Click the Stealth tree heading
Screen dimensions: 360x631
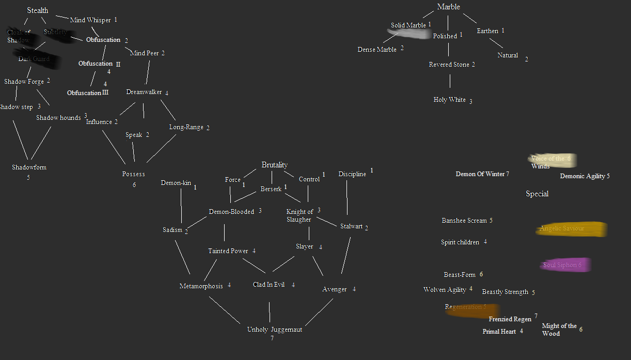[x=38, y=10]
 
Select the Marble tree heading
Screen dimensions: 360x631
[x=448, y=7]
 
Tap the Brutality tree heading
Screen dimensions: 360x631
[x=274, y=165]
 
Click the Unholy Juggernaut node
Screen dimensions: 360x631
[x=274, y=330]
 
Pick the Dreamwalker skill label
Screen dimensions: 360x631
[x=144, y=92]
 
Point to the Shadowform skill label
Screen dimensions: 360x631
[x=29, y=167]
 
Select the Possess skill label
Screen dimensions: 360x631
[x=133, y=174]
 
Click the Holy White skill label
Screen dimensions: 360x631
[x=449, y=100]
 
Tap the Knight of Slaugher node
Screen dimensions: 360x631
[x=299, y=215]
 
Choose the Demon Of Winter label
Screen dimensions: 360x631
[x=480, y=174]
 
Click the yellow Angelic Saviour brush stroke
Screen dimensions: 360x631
[x=571, y=229]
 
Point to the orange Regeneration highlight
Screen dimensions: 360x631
[x=465, y=308]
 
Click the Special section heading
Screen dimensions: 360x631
[x=537, y=194]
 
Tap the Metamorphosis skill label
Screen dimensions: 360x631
[x=201, y=286]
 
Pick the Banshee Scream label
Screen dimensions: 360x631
[x=464, y=221]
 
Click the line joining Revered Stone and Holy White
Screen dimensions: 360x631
[x=450, y=82]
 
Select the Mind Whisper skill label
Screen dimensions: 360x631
[x=90, y=20]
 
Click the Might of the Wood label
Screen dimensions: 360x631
[x=559, y=330]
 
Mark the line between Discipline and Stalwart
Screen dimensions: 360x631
[x=346, y=197]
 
